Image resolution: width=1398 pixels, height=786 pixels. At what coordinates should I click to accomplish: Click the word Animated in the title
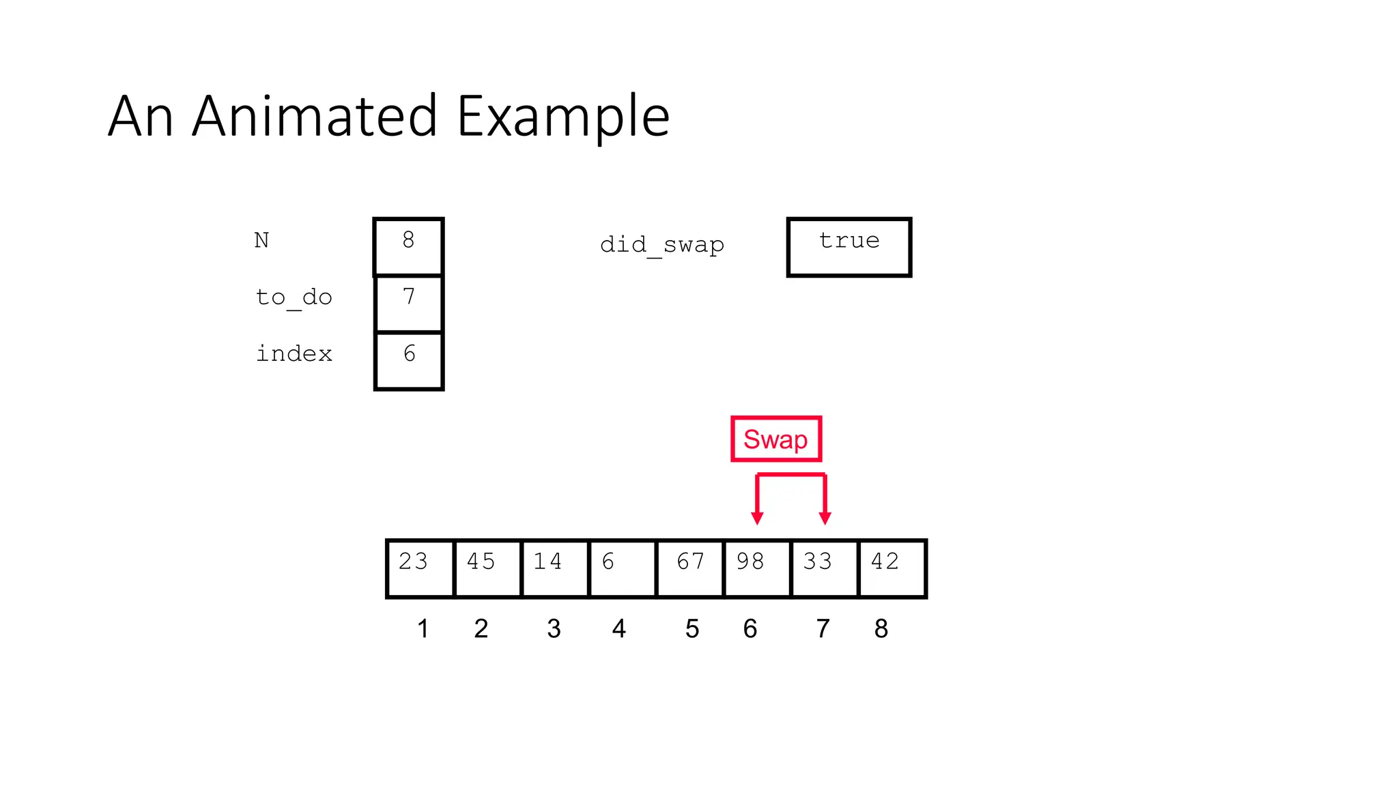[314, 116]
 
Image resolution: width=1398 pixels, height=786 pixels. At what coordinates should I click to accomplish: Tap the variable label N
[261, 240]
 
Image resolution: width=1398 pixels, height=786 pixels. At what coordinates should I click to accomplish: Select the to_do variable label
[294, 297]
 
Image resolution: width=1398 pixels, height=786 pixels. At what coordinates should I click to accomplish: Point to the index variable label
[294, 353]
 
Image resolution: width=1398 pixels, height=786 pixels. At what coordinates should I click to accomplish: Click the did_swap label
[661, 244]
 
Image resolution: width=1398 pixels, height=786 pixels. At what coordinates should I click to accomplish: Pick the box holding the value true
[849, 247]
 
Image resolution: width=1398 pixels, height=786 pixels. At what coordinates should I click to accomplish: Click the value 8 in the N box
[408, 240]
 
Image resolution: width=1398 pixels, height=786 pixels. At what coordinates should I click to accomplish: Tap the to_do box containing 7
[409, 304]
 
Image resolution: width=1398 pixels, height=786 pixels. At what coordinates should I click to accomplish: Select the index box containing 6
[409, 360]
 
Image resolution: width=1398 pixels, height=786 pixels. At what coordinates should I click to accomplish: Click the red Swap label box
[775, 439]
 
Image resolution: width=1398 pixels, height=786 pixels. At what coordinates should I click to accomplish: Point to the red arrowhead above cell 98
[757, 519]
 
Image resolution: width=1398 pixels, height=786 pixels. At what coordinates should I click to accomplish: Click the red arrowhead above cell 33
[825, 519]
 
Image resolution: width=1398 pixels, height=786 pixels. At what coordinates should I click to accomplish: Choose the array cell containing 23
[420, 568]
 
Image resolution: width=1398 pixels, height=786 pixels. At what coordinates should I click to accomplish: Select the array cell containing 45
[487, 568]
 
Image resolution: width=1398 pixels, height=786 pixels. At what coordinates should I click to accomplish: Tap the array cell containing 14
[554, 568]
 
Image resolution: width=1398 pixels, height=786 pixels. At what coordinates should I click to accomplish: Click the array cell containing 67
[689, 568]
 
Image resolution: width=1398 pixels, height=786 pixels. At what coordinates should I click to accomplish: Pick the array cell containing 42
[891, 568]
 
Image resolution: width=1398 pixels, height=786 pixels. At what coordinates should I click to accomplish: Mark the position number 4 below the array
[619, 628]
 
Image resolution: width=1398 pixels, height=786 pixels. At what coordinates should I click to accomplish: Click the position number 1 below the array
[423, 628]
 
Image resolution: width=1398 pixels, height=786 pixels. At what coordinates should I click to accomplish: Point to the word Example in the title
[563, 116]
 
